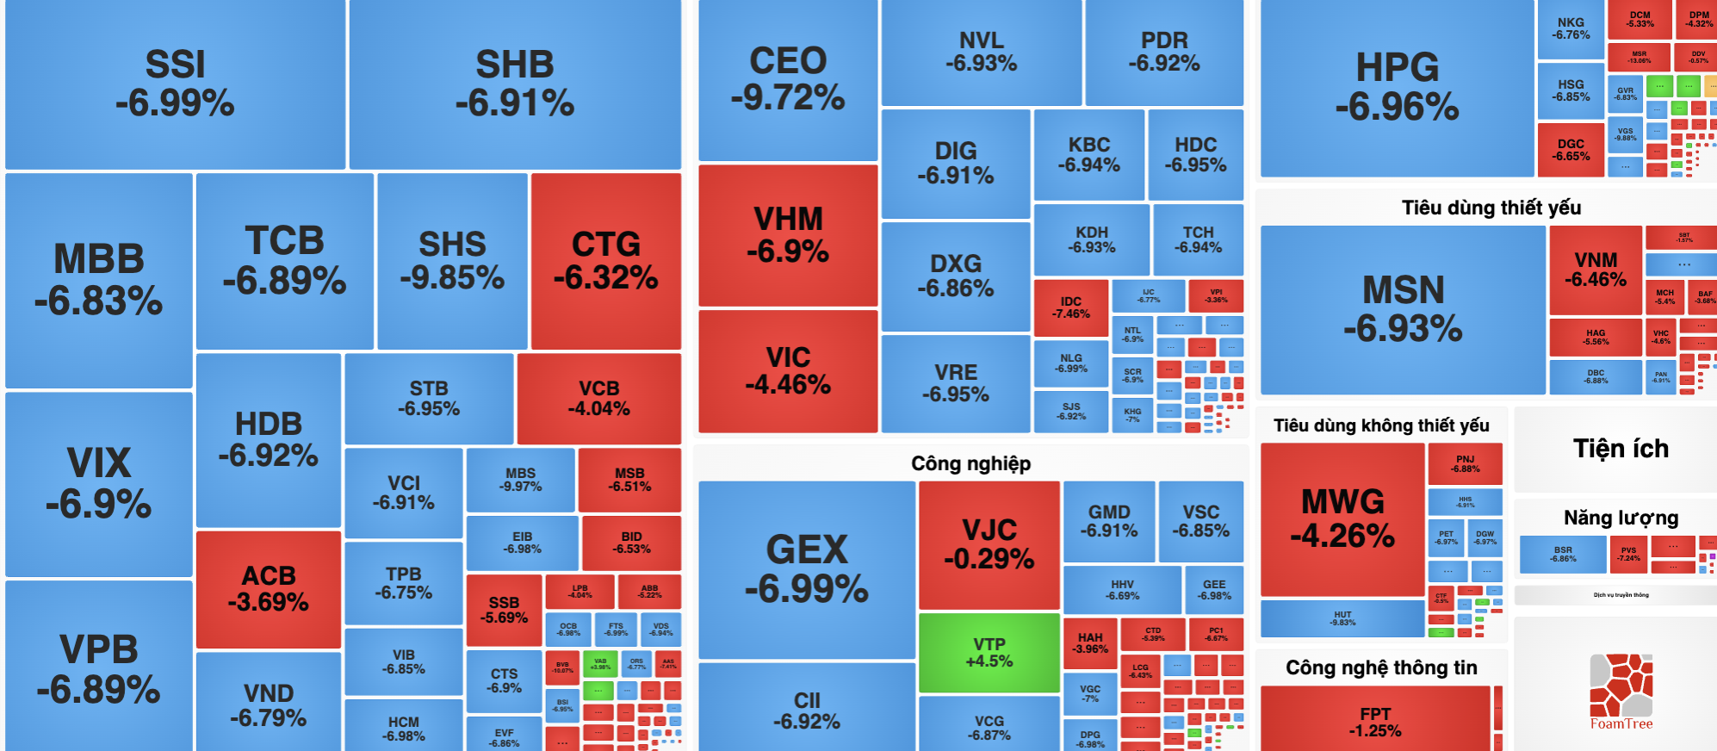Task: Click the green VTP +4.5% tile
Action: pos(989,652)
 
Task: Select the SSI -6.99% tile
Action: pos(175,84)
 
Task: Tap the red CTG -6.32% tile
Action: pos(605,260)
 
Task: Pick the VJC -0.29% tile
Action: pos(989,544)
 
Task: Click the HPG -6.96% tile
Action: pos(1397,87)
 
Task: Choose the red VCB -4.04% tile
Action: pos(598,398)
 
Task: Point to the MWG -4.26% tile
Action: pos(1342,518)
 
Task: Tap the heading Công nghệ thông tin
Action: pos(1380,667)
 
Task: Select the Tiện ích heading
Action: pos(1621,449)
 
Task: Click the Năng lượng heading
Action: pos(1621,518)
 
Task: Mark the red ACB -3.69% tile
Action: pos(269,588)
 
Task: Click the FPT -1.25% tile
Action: pos(1374,722)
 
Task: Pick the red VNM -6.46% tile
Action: pos(1595,270)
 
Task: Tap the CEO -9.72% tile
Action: pos(787,79)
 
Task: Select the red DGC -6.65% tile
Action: pos(1570,150)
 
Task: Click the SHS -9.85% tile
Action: pos(452,260)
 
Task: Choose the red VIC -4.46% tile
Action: pos(787,370)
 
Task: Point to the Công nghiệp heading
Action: pos(970,463)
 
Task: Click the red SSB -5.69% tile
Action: pos(504,610)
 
